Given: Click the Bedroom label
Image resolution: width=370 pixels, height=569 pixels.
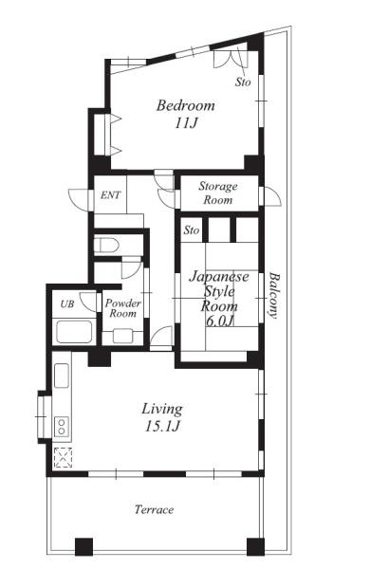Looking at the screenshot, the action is click(186, 105).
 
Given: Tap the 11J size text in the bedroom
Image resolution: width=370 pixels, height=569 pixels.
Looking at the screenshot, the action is click(186, 123).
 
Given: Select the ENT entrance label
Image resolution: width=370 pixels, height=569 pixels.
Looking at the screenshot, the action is click(110, 195).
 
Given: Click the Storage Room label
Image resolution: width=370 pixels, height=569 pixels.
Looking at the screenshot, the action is click(218, 193).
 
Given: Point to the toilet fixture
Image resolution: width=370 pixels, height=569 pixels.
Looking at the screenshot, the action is click(106, 245).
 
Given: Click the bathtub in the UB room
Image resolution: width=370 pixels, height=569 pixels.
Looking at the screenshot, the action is click(74, 332).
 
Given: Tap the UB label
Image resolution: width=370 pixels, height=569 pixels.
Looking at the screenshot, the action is click(67, 303).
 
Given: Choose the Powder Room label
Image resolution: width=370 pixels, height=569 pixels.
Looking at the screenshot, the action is click(122, 308).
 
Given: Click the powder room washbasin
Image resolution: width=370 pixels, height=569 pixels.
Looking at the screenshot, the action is click(122, 336).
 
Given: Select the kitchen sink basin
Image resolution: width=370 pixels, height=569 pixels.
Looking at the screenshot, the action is click(62, 376).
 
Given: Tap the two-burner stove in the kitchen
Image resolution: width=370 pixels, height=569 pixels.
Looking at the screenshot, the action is click(62, 427).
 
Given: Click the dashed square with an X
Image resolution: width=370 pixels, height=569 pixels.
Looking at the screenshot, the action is click(64, 458).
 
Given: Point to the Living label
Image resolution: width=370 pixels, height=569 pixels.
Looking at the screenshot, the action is click(162, 409).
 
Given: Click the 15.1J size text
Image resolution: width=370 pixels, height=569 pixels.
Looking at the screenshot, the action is click(162, 426).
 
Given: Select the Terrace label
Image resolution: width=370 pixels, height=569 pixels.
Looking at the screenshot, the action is click(154, 509).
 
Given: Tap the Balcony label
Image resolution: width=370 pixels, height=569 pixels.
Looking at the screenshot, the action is click(274, 296).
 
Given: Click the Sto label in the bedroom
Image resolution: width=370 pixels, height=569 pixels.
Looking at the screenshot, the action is click(243, 82).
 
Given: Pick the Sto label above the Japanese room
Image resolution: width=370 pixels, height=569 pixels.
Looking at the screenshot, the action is click(192, 230).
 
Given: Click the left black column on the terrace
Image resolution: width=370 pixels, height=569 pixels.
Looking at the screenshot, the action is click(83, 546).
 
